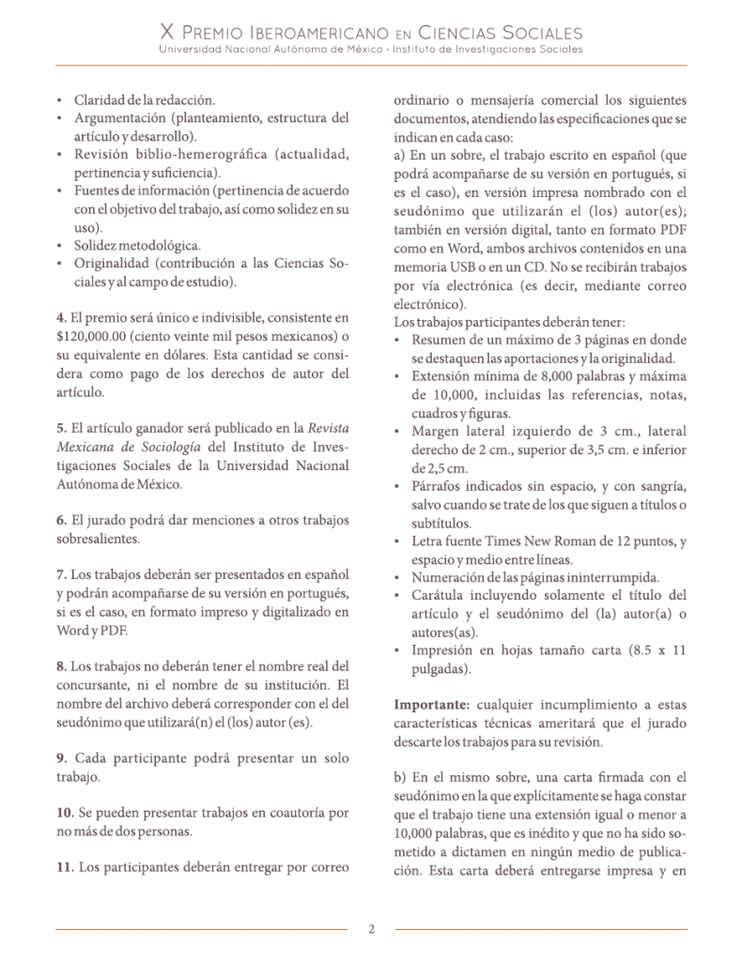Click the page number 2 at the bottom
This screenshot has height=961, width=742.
371,930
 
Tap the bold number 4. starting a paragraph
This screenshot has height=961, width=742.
61,318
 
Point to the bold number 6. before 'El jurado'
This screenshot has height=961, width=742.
61,520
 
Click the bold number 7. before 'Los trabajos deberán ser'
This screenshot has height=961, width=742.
61,574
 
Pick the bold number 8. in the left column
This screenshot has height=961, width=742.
61,666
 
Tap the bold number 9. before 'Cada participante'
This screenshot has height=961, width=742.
61,758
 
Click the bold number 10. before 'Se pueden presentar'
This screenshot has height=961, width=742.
65,812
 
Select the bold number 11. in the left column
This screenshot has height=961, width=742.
65,867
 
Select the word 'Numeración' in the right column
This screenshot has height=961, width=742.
449,576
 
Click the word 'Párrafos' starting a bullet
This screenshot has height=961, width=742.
439,486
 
